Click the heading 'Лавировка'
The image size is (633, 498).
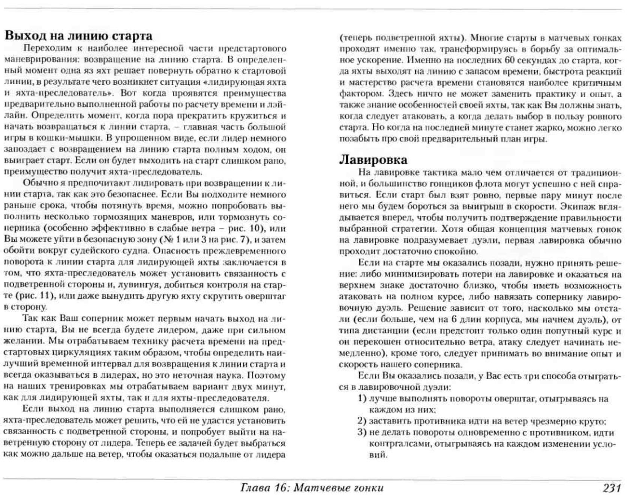[x=373, y=160]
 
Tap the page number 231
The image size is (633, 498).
[x=612, y=488]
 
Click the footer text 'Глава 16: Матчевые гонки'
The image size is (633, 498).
[x=312, y=488]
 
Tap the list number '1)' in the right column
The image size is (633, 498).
[x=362, y=398]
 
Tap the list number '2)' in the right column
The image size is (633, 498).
[x=362, y=421]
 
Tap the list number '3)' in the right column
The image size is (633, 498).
[x=362, y=432]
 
